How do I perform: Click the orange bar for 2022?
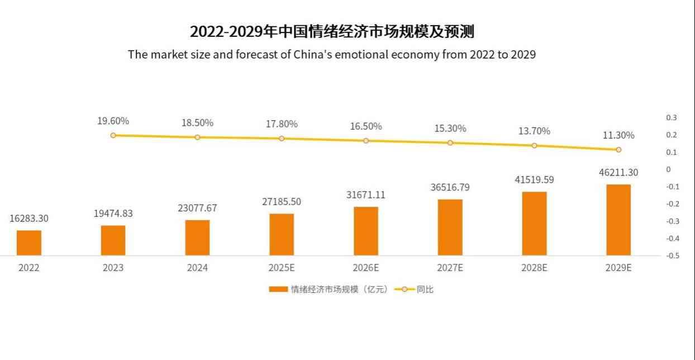tap(29, 243)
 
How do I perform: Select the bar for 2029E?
tap(618, 220)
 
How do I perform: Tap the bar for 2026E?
tap(366, 231)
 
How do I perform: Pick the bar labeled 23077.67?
tap(197, 238)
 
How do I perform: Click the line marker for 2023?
tap(113, 135)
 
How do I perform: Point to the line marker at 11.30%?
tap(618, 150)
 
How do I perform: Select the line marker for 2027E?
tap(450, 143)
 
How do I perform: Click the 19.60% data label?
tap(113, 121)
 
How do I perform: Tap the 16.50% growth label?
tap(366, 126)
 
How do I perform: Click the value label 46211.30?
tap(618, 173)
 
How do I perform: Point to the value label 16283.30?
tap(29, 219)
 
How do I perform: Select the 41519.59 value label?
tap(534, 180)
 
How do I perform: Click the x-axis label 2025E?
tap(282, 268)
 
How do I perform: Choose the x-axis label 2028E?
tap(534, 268)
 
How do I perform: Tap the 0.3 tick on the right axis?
tap(671, 118)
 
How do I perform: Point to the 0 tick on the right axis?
tap(668, 169)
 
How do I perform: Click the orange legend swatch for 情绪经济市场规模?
tap(278, 290)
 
